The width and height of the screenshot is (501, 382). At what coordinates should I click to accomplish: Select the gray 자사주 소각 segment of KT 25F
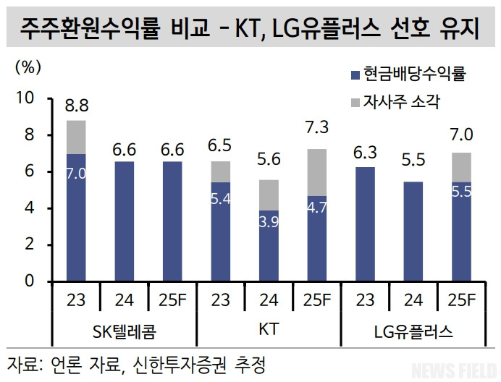[317, 172]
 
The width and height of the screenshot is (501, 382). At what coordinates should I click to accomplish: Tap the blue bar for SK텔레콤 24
[125, 221]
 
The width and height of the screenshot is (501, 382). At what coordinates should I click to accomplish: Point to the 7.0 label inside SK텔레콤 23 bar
[76, 174]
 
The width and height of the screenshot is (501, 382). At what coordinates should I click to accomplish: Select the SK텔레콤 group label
[125, 332]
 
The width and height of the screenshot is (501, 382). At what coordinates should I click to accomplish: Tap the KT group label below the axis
[269, 331]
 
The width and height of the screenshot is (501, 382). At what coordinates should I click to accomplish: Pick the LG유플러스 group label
[413, 332]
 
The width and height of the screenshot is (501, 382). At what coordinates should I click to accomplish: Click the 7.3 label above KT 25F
[317, 128]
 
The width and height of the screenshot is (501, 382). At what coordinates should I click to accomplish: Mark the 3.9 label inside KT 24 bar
[269, 221]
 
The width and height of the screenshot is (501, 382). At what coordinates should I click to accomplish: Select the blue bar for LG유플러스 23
[365, 224]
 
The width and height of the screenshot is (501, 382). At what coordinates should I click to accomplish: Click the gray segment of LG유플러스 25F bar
[462, 167]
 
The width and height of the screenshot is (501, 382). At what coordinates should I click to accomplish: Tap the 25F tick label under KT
[317, 299]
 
